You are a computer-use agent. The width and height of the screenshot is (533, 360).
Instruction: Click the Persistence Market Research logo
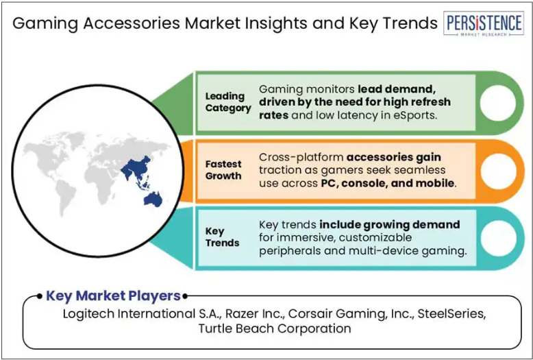484,23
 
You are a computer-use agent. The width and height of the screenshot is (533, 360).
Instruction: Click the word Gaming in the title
45,24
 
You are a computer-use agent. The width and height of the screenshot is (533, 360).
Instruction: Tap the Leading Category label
228,102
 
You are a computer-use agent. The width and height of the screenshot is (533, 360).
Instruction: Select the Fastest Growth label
223,170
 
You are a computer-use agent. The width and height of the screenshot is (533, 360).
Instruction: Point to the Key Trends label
222,237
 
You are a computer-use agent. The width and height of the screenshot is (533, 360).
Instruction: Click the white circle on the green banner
497,103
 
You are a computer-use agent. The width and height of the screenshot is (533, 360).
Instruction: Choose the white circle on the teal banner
497,238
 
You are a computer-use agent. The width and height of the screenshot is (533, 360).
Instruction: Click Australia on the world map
153,200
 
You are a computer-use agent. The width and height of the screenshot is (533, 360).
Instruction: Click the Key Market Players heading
113,296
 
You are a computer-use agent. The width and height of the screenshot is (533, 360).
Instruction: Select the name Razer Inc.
255,313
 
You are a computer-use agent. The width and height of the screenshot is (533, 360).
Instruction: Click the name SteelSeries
451,313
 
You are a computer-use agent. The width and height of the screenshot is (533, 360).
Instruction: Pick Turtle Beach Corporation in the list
275,328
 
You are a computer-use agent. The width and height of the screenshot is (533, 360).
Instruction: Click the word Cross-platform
301,157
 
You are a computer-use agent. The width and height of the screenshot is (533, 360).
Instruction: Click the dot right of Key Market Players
185,296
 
